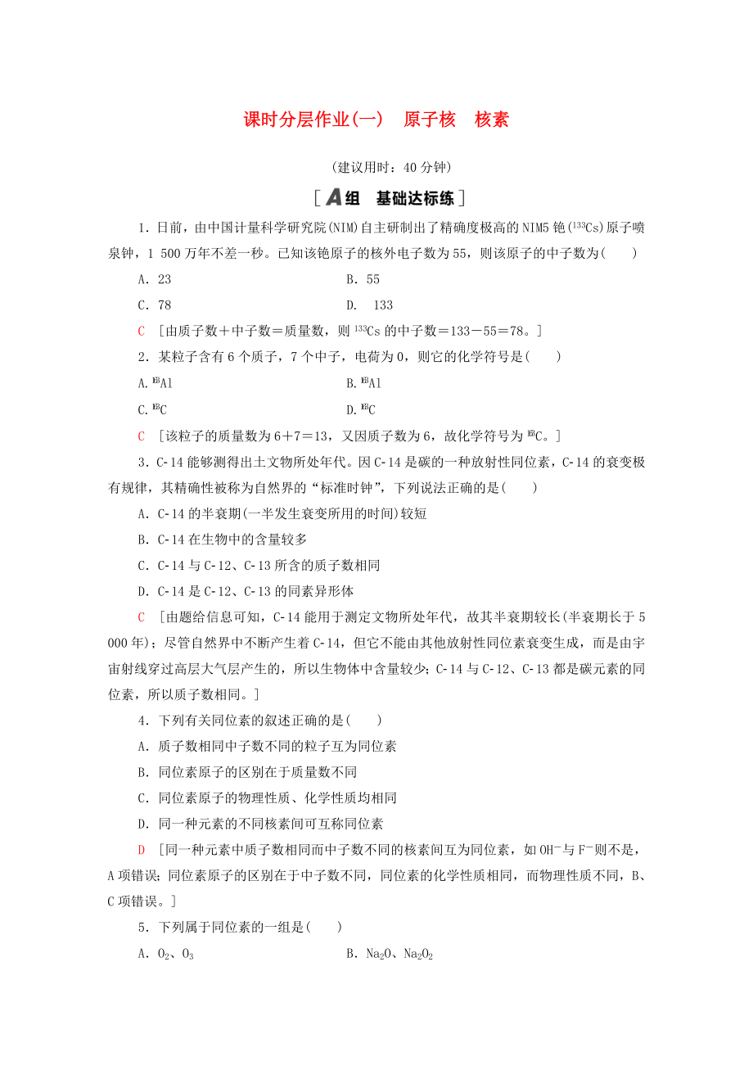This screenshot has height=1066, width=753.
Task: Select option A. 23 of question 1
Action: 155,279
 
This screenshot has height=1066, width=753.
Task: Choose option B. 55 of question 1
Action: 363,279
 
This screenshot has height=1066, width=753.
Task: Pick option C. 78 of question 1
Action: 155,305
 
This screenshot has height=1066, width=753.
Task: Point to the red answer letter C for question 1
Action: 142,332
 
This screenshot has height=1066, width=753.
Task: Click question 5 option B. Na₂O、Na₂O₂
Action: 389,955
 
